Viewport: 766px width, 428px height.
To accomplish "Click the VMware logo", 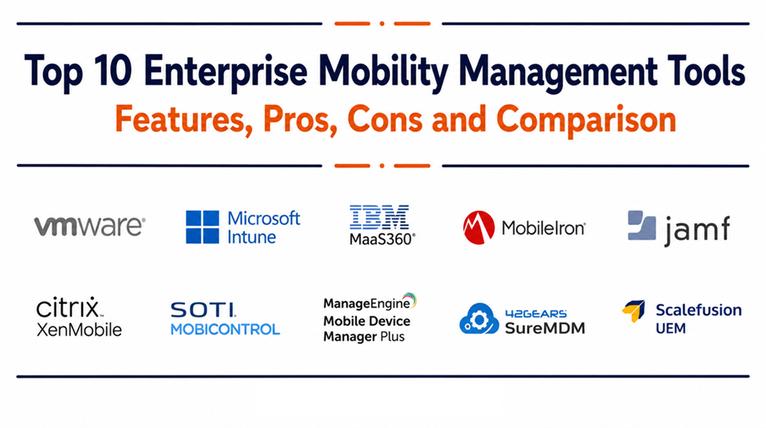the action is coord(90,226).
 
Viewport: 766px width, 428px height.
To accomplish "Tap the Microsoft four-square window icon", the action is coord(202,227).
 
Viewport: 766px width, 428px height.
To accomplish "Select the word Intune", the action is coord(251,237).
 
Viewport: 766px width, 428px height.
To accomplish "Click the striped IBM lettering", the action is coord(379,217).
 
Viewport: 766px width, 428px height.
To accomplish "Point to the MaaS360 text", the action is coord(382,239).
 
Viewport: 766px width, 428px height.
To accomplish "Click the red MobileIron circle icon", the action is coord(479,227).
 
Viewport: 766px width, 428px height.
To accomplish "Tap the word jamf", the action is coord(697,230).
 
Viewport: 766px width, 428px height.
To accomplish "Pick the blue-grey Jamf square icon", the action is coord(642,225).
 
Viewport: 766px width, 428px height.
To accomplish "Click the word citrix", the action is coord(67,308).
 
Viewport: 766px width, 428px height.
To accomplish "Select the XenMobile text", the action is coord(79,330).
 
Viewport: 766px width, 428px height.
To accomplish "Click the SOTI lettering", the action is coord(203,310).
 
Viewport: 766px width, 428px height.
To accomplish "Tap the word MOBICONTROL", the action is coord(225,329).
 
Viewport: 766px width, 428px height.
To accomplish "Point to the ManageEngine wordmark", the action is coord(367,303).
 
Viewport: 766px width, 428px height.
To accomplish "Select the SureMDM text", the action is coord(545,327).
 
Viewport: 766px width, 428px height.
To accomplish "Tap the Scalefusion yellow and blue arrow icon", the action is coord(634,311).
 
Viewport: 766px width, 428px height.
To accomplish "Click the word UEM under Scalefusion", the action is coord(670,328).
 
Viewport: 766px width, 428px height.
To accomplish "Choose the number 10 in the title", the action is coord(113,70).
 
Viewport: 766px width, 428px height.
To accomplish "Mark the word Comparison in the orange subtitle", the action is coord(586,120).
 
